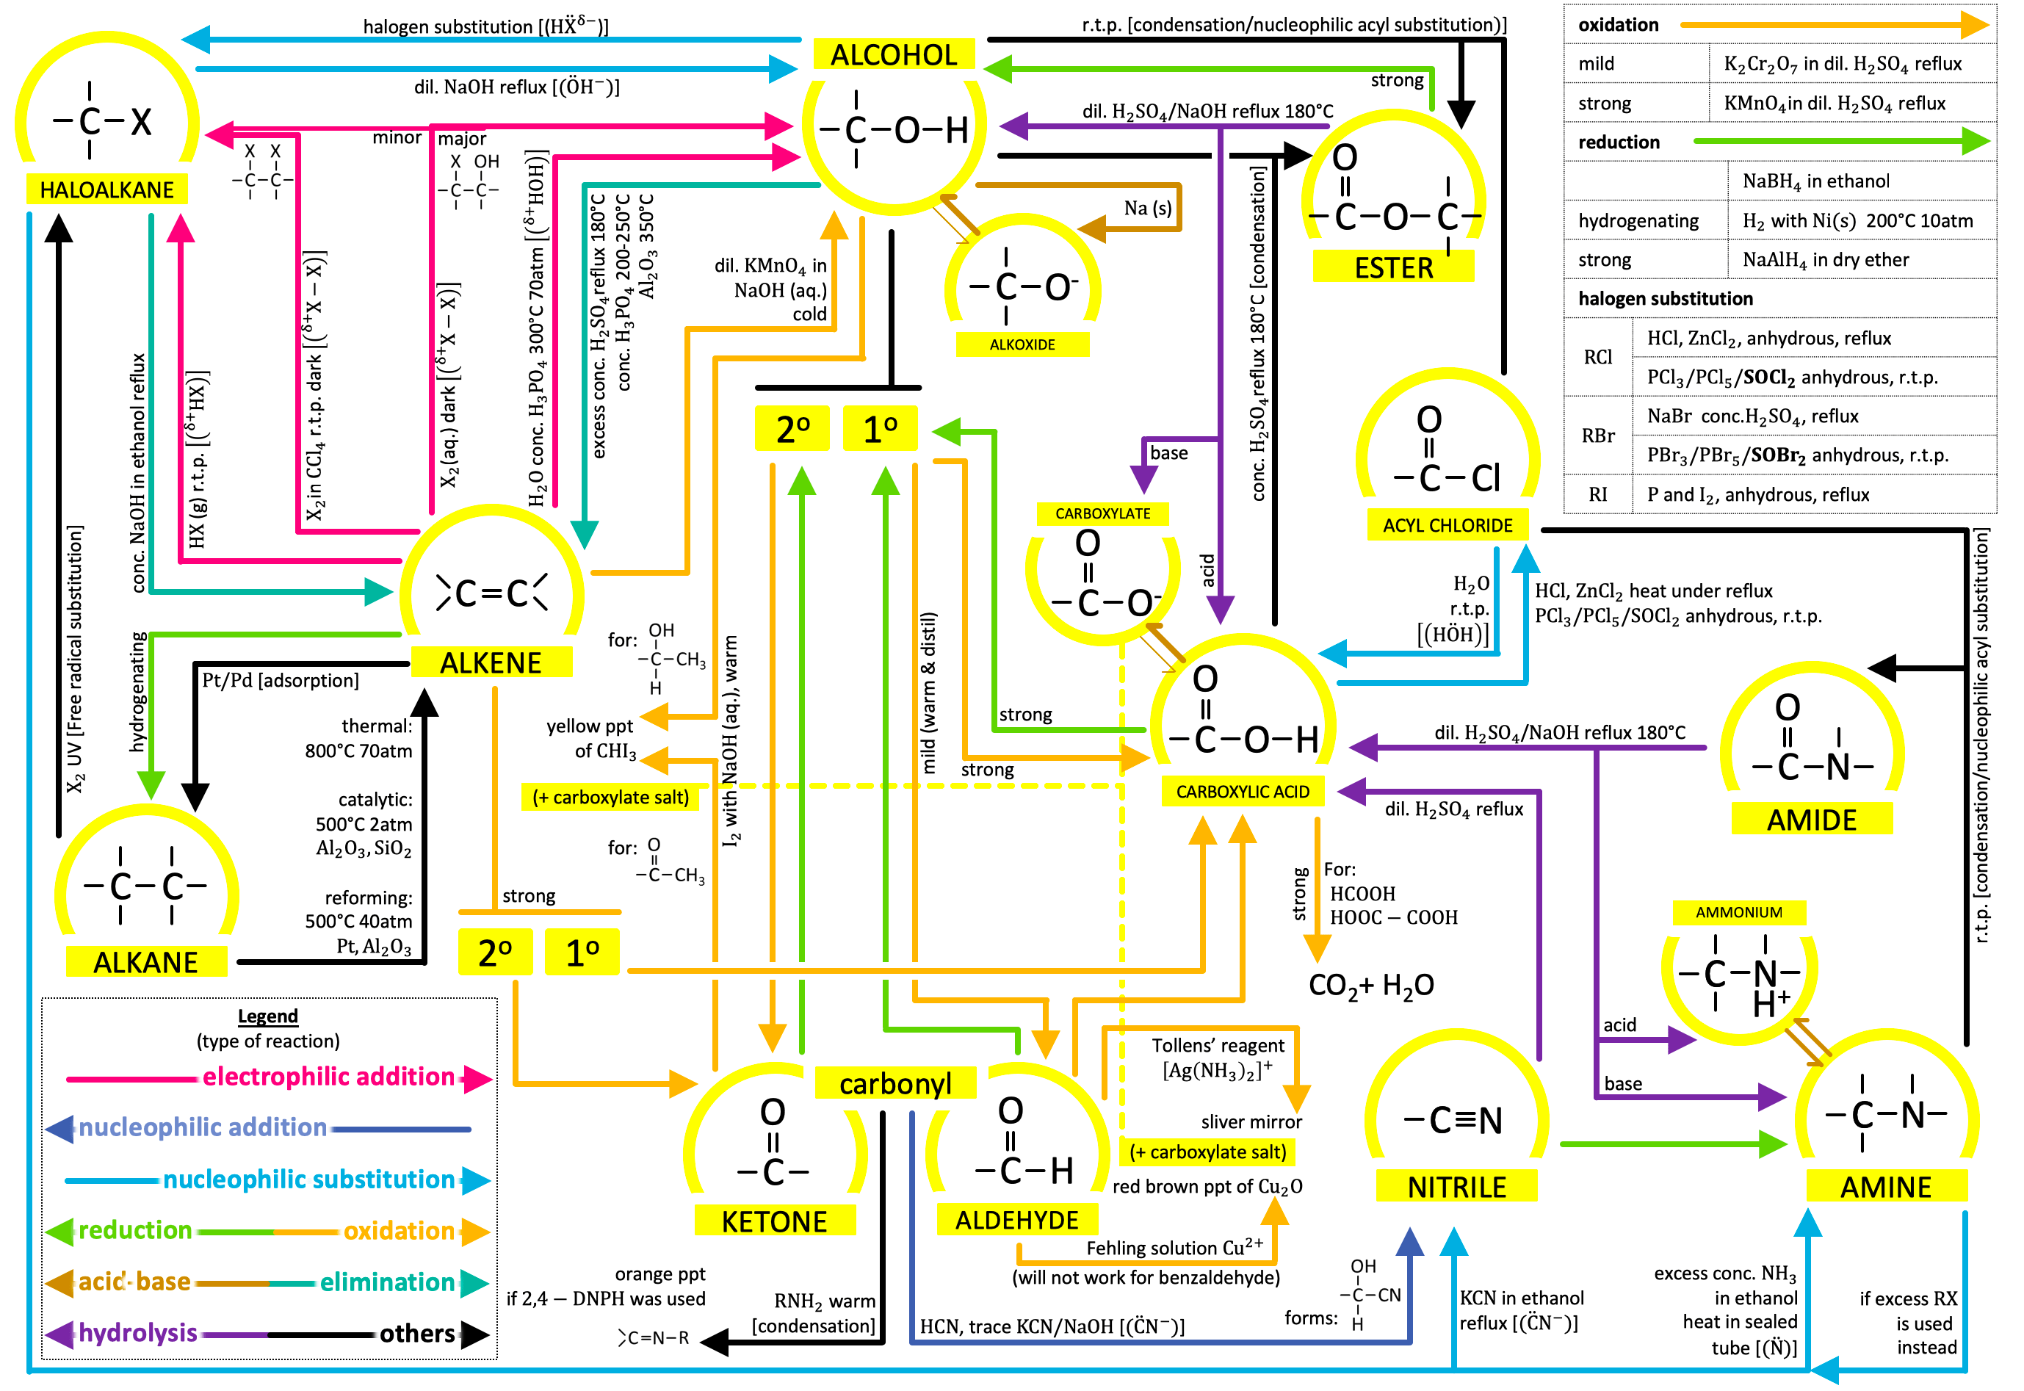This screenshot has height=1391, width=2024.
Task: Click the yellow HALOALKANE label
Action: (x=106, y=189)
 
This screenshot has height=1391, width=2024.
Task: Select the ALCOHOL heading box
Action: (x=893, y=55)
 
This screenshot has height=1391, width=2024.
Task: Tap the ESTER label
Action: (x=1393, y=267)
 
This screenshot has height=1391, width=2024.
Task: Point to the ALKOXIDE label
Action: (x=1022, y=344)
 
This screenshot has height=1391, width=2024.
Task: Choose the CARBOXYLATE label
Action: (x=1102, y=513)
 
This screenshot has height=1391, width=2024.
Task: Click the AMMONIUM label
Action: (x=1738, y=912)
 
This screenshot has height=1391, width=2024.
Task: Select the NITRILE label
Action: (x=1456, y=1187)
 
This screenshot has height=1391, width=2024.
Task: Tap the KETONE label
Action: (x=774, y=1221)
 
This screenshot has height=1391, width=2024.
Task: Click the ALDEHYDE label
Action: (x=1017, y=1220)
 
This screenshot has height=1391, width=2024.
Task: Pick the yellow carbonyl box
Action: (x=894, y=1083)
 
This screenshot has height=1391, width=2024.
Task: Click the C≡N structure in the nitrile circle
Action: (x=1453, y=1121)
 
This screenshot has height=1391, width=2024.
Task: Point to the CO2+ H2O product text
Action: (x=1370, y=986)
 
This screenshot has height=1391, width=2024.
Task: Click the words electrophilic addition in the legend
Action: (x=328, y=1077)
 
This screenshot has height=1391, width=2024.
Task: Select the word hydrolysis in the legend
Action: (x=137, y=1332)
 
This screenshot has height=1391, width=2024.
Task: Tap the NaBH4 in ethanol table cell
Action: (x=1815, y=181)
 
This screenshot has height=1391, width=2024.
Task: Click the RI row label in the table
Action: (x=1597, y=495)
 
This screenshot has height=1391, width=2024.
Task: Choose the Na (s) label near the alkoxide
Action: (x=1147, y=209)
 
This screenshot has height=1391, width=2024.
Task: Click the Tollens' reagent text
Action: (x=1217, y=1046)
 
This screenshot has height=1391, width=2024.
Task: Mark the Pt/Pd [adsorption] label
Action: (x=280, y=680)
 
